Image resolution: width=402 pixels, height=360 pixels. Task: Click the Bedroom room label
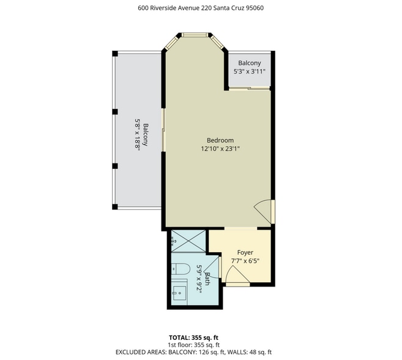[x=220, y=140]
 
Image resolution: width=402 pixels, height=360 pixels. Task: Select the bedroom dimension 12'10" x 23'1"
[x=220, y=148]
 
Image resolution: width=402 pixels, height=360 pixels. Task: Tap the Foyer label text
[x=245, y=252]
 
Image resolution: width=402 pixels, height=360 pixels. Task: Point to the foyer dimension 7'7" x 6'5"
[x=245, y=260]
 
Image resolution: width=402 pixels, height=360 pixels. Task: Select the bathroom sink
[x=180, y=292]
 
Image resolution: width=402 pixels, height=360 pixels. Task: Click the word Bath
[x=207, y=279]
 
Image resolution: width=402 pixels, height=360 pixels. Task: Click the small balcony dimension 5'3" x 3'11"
[x=250, y=71]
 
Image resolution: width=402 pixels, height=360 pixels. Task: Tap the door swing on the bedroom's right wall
[x=264, y=211]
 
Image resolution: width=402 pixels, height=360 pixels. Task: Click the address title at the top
[x=201, y=8]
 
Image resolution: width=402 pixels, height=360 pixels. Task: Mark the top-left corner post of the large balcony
[x=114, y=53]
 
